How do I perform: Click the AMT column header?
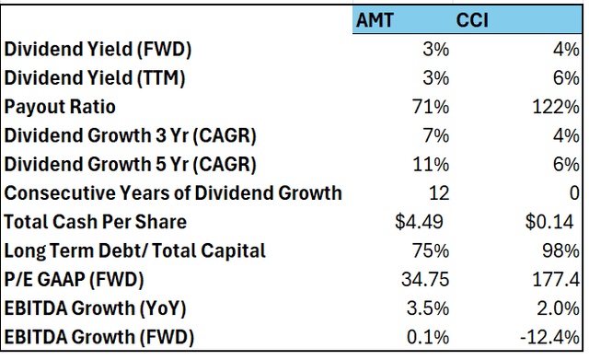379,19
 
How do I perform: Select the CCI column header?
473,19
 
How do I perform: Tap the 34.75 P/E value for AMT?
426,279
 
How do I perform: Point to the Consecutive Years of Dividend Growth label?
173,193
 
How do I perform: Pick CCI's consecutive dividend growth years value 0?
574,193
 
